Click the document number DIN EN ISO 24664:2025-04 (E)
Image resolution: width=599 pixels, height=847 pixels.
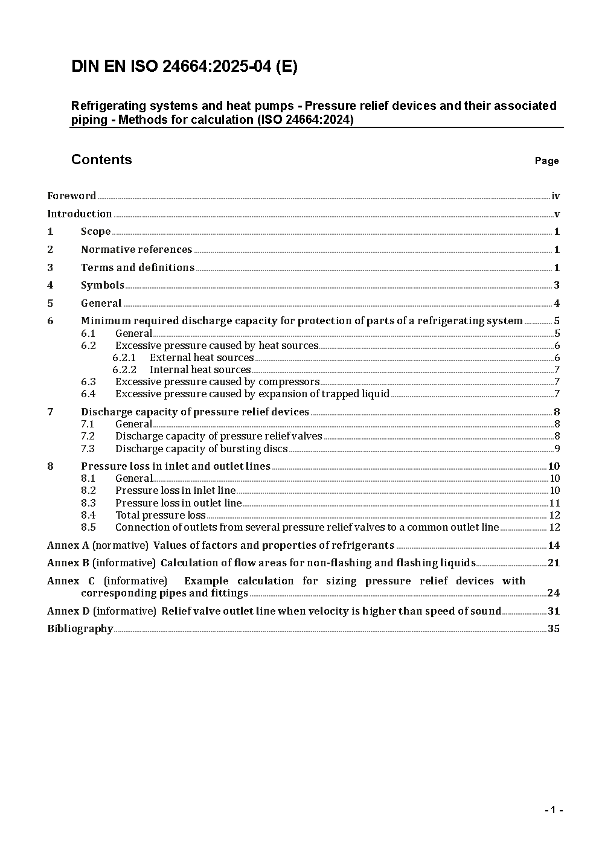(184, 67)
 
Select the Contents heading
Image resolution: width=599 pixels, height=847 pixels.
(101, 159)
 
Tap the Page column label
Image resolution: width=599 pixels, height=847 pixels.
(546, 161)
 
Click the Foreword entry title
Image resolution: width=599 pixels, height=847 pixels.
(72, 196)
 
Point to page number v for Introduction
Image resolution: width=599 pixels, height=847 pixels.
(557, 214)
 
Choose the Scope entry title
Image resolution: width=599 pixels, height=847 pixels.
(96, 231)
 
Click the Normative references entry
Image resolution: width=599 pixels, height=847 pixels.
(136, 249)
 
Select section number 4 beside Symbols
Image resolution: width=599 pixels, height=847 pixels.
(50, 285)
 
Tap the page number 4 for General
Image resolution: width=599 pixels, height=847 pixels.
(557, 303)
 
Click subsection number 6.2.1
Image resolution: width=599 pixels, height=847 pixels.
(124, 357)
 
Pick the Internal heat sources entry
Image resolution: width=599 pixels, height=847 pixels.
(200, 369)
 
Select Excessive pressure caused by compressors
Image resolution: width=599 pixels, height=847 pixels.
(217, 382)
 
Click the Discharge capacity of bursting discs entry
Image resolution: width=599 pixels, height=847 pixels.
(201, 449)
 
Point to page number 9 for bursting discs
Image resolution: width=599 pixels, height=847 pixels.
(557, 449)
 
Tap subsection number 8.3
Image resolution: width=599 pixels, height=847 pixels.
(88, 503)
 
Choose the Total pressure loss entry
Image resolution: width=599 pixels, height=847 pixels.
(161, 515)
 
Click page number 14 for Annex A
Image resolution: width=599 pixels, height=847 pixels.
(554, 545)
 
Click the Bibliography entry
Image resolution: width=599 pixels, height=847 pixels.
(80, 628)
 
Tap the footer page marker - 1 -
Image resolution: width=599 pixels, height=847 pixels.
(554, 810)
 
